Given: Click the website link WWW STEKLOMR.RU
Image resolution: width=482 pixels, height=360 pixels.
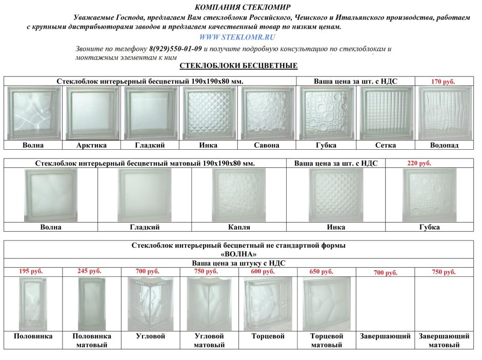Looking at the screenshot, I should coord(237,37).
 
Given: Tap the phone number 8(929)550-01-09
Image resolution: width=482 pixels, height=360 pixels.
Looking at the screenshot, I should coord(175,49).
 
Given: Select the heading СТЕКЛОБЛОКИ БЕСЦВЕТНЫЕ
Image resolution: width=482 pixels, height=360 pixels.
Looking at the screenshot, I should coord(238,66).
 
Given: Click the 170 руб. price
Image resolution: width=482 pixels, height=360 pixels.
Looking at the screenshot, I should coord(443,82).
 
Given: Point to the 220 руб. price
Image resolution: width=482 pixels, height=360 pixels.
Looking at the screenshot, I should coord(419,164).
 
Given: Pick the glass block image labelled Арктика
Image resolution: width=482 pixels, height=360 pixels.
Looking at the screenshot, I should coord(92,113).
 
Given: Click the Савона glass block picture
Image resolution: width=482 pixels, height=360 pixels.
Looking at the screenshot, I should coord(267,113).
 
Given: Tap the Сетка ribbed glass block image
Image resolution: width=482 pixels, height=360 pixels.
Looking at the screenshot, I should coord(385,113).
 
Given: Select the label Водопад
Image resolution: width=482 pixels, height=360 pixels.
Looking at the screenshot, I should coord(444,145).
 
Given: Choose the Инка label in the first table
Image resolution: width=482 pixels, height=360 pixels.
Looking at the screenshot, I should coord(209,145).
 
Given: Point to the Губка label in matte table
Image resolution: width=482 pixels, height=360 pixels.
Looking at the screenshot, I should coord(429,227).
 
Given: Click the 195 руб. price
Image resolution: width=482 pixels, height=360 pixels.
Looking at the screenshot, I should coord(31,271).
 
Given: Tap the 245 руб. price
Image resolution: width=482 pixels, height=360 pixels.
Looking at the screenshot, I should coord(89,271).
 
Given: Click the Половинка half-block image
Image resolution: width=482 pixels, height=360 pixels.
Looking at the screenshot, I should coord(32,304).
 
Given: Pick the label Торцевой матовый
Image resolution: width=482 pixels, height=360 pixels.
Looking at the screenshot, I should coord(327,341).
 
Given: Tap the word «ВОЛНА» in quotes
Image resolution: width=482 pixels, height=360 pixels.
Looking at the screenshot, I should coord(238,254).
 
